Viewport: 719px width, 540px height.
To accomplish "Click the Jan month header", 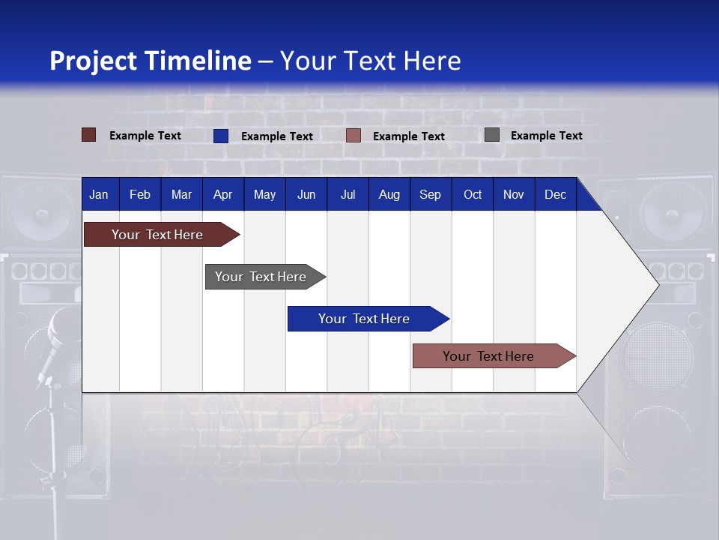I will [x=99, y=194].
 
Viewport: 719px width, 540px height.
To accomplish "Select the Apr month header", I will [x=222, y=194].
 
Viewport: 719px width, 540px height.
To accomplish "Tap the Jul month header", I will [x=348, y=194].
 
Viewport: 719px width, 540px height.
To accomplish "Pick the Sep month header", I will [x=430, y=194].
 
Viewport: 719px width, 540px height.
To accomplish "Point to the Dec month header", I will [x=555, y=194].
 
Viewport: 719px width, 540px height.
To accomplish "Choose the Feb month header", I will [x=140, y=194].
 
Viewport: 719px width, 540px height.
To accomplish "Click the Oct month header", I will [x=473, y=194].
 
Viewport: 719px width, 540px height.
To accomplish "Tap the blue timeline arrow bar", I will [x=365, y=319].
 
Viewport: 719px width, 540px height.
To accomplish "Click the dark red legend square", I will [x=89, y=135].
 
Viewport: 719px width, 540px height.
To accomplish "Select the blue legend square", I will [x=221, y=136].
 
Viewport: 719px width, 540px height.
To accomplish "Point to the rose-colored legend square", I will [x=354, y=136].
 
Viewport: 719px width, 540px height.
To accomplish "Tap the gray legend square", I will [x=492, y=135].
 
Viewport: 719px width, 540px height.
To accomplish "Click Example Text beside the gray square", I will [x=546, y=136].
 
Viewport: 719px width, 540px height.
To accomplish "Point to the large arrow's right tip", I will [x=657, y=284].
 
